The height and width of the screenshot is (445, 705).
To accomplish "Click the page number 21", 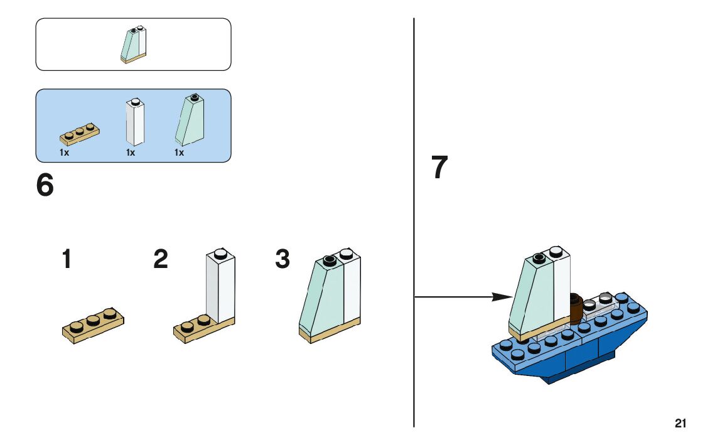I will [x=681, y=424].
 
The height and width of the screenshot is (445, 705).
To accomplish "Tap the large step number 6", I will [x=45, y=185].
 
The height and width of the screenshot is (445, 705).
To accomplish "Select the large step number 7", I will [x=439, y=168].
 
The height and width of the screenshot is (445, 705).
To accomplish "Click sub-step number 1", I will [x=67, y=259].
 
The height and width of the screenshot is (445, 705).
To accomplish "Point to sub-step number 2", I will [x=161, y=259].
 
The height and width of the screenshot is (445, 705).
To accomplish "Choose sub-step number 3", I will [x=283, y=259].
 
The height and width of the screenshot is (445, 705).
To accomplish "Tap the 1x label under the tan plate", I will [x=64, y=153].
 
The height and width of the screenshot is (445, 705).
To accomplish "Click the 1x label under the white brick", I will [x=131, y=153].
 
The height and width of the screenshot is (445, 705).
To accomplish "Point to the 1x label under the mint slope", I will [x=180, y=153].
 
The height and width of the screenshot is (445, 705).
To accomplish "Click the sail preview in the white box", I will [x=133, y=45].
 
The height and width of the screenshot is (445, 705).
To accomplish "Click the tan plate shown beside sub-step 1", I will [x=93, y=326].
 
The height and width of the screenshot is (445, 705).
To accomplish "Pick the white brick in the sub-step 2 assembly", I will [x=220, y=286].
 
